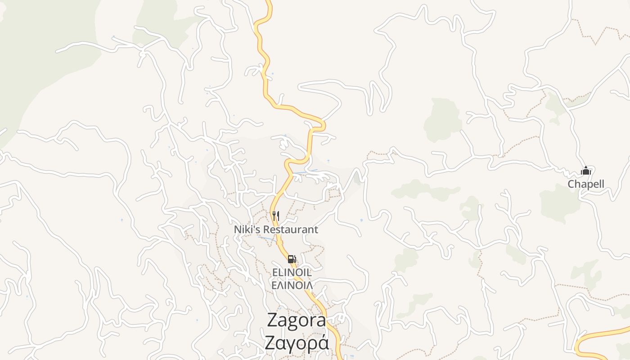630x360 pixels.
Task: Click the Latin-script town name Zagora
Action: pos(297,320)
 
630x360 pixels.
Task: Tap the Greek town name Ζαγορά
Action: pos(297,343)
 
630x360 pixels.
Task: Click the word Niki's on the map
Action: pos(246,229)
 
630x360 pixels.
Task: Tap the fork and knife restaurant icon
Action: pos(276,216)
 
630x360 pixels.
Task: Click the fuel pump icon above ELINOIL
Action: pos(292,259)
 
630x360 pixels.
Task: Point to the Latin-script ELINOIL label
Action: pos(292,272)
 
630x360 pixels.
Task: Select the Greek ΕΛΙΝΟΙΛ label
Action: pos(292,284)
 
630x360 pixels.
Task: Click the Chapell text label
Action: pos(585,184)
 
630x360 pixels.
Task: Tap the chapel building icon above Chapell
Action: pos(585,171)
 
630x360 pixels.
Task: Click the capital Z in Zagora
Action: pos(273,320)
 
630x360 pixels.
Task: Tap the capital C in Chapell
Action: pos(571,184)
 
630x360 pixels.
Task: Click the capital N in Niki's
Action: pos(237,229)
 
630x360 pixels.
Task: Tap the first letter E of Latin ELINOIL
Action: pos(274,272)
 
